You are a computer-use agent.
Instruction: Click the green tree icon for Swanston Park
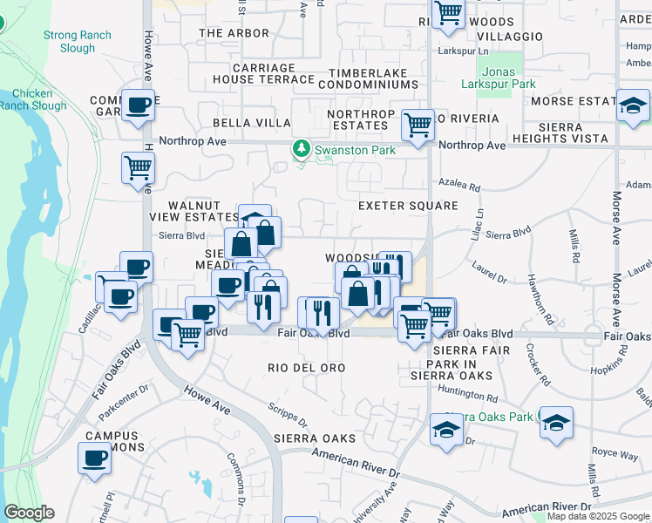click(x=302, y=150)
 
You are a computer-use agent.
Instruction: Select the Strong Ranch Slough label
click(x=70, y=42)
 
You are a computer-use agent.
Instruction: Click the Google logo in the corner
click(x=29, y=513)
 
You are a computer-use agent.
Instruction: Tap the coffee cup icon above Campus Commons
click(x=94, y=458)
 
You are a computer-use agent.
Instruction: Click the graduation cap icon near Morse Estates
click(x=633, y=105)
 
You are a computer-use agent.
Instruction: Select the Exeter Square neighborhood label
click(x=408, y=206)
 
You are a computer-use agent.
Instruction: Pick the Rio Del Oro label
click(x=307, y=368)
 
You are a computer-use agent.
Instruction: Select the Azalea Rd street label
click(x=461, y=187)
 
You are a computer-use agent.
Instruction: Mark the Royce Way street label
click(x=615, y=452)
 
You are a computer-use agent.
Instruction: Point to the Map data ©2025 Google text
click(x=598, y=516)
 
